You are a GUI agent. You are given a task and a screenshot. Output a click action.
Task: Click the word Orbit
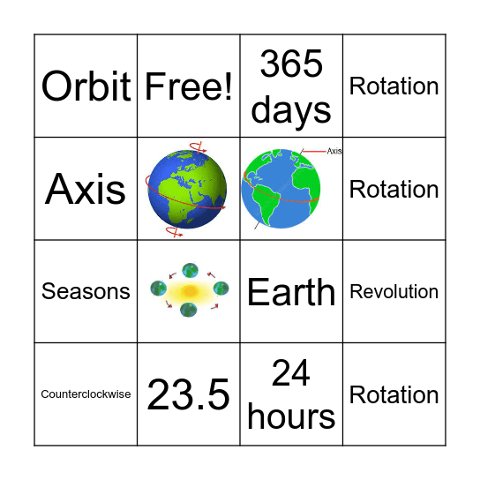coord(86,86)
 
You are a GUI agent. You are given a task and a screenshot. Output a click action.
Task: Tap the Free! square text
coord(188,86)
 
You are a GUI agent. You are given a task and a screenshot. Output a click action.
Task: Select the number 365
coord(291,64)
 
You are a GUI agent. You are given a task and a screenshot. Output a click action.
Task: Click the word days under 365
coord(291,110)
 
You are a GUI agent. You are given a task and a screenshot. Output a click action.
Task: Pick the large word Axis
coord(86,189)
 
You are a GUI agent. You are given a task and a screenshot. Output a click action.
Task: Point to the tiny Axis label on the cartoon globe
coord(334,152)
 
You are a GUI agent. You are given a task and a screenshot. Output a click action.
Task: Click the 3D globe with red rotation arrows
coord(188,189)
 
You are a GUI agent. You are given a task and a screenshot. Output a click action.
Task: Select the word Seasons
coord(86,292)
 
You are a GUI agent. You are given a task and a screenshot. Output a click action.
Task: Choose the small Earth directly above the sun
coord(190,271)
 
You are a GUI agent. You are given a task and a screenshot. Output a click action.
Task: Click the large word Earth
coord(291,292)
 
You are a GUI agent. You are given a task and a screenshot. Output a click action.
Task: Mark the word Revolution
coord(394,292)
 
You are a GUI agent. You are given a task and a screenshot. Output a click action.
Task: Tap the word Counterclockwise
coord(86,394)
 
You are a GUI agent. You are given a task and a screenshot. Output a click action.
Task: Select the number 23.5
coord(189,394)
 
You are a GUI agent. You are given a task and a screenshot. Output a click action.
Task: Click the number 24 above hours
coord(291,373)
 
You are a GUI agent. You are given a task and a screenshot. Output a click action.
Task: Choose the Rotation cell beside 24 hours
coord(394,394)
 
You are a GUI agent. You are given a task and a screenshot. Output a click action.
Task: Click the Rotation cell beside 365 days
coord(394,86)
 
